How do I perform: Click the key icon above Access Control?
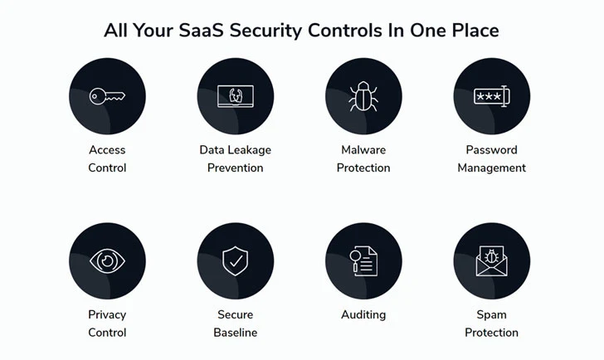point(107,96)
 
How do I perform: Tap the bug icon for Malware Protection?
point(363,96)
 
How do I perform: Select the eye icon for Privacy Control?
point(107,261)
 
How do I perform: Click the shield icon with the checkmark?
point(236,261)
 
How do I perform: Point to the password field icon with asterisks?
point(491,96)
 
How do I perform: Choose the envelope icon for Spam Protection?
point(491,261)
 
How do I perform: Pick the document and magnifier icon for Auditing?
point(363,261)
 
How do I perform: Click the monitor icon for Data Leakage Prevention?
point(236,96)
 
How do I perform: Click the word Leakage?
point(251,150)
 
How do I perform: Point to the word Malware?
point(363,150)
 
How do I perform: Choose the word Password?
point(491,150)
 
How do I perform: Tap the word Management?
point(491,168)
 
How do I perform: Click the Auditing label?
point(363,315)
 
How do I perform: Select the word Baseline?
point(236,333)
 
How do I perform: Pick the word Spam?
point(491,315)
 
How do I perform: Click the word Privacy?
point(107,315)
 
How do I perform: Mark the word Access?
point(107,150)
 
